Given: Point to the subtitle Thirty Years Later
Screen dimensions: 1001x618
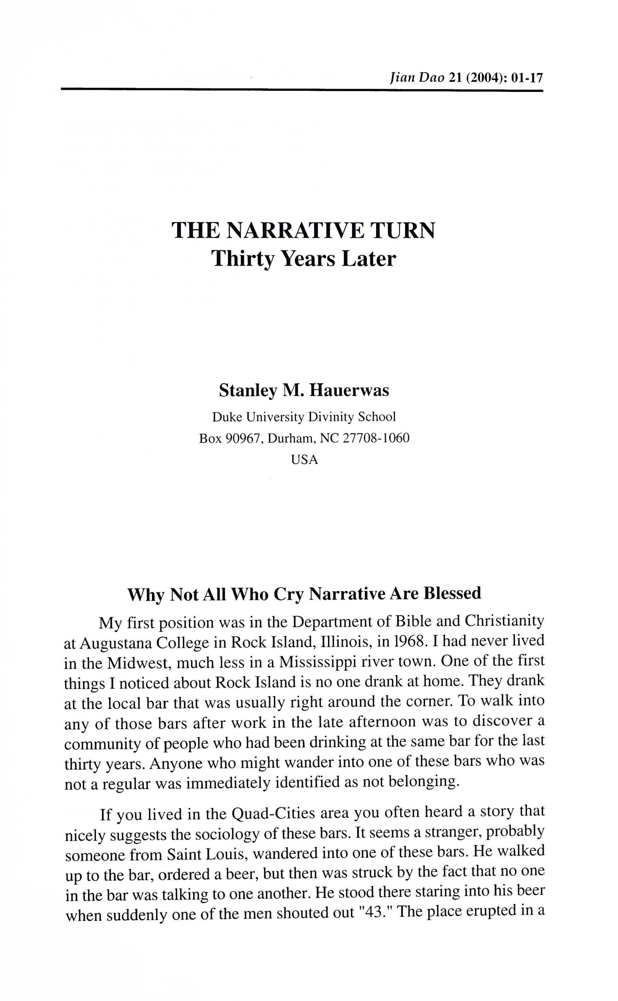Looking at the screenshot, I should click(304, 259).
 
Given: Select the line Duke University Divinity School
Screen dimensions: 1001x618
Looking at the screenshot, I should click(304, 417).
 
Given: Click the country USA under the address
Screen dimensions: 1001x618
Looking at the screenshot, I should click(304, 459).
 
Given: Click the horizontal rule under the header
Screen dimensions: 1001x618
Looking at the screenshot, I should click(302, 89).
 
